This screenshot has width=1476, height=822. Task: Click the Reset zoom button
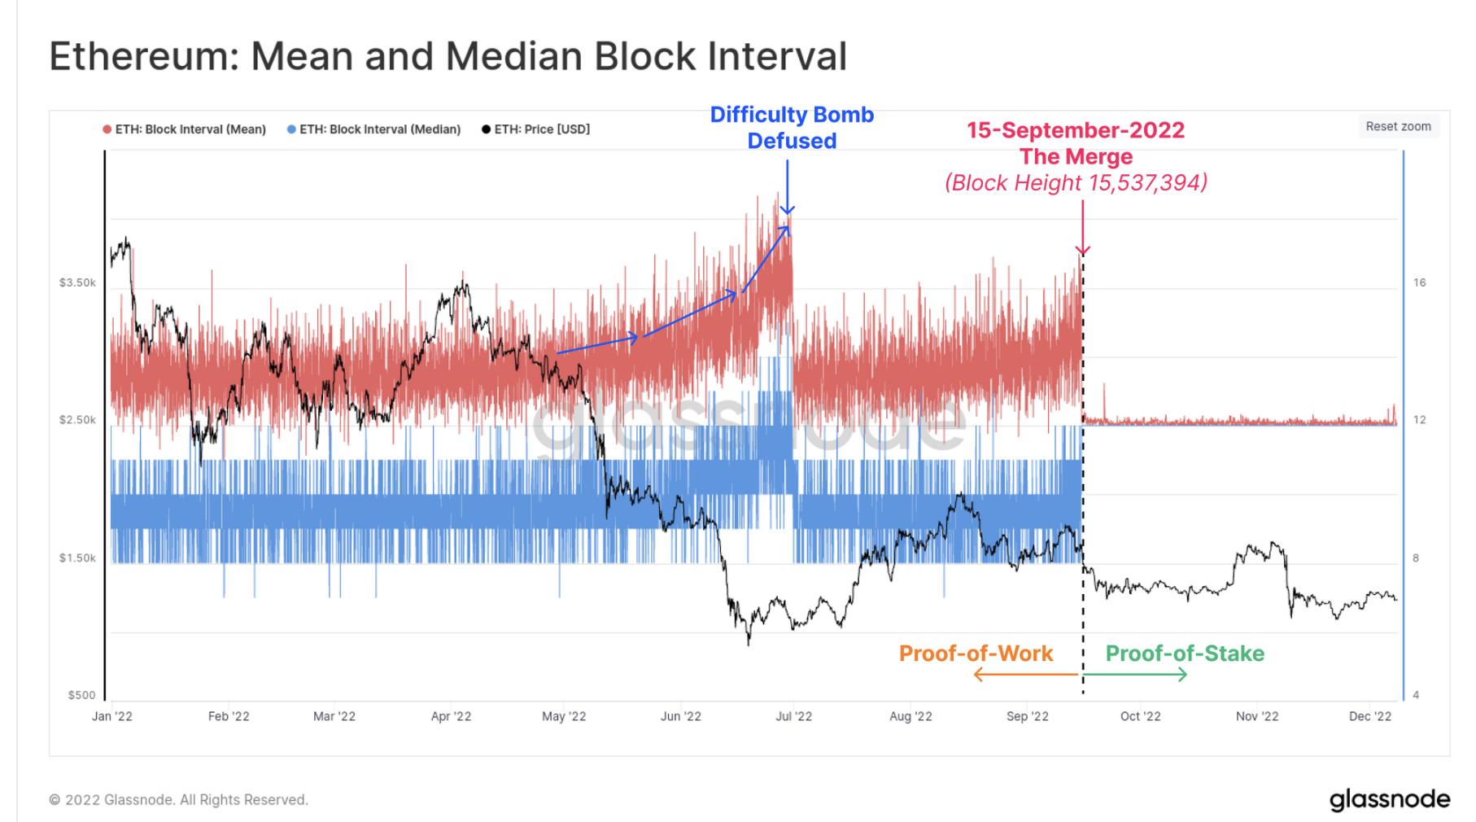(x=1397, y=126)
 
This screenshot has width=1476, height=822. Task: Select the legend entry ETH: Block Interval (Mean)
(x=190, y=129)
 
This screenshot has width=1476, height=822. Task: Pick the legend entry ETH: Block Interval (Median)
(x=379, y=129)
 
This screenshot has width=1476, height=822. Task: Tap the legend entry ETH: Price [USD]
(x=541, y=129)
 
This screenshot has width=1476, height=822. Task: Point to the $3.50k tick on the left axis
(x=77, y=282)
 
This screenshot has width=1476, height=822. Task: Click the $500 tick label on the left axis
(x=81, y=695)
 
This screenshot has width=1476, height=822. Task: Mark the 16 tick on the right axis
(x=1419, y=282)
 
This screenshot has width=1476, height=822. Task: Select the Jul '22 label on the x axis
(x=793, y=716)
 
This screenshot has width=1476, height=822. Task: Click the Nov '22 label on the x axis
(x=1256, y=716)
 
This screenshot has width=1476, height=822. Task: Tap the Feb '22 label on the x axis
(x=229, y=716)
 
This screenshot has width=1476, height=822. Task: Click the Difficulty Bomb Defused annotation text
(x=792, y=128)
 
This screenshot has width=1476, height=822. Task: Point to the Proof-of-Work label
(x=976, y=654)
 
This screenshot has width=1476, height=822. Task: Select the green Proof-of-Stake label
(x=1185, y=654)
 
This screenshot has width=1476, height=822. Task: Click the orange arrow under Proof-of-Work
(x=1025, y=675)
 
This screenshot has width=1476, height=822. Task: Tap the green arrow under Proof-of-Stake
(x=1136, y=675)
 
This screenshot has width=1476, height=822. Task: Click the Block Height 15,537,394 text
(x=1076, y=182)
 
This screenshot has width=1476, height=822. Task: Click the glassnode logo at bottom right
(x=1389, y=799)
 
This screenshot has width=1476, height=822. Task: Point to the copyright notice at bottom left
(x=178, y=800)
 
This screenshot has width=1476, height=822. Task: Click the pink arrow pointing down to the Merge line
(x=1082, y=228)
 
